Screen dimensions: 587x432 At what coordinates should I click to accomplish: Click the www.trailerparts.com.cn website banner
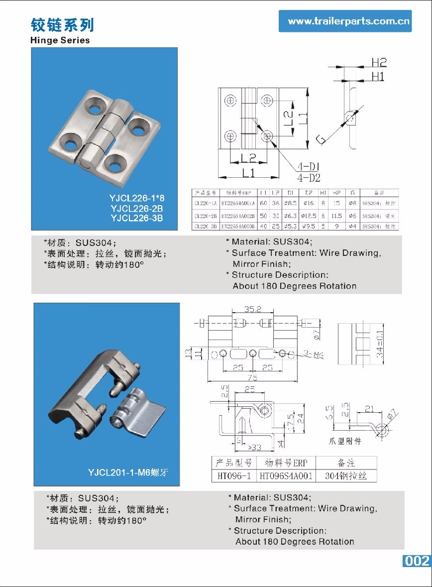[x=345, y=21]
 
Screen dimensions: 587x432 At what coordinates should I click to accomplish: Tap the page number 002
[x=417, y=561]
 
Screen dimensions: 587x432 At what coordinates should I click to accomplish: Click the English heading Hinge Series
[x=60, y=40]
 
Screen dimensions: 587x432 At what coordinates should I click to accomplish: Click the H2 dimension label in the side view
[x=379, y=62]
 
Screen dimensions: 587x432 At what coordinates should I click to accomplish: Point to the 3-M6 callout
[x=314, y=354]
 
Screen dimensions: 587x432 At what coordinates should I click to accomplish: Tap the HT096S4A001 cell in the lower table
[x=286, y=476]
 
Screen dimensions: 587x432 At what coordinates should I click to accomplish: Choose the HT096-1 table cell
[x=234, y=476]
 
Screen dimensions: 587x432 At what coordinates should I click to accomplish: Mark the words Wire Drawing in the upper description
[x=350, y=253]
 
